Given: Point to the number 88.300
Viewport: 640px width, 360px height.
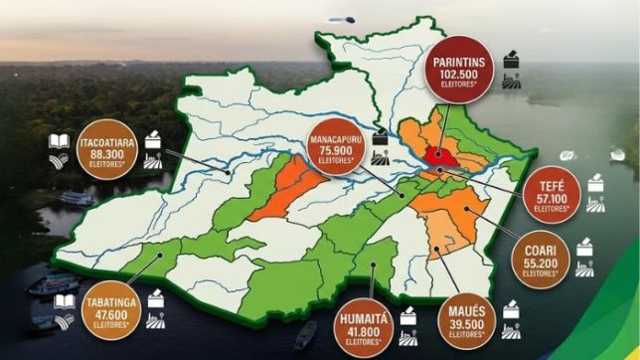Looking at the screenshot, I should (99, 155).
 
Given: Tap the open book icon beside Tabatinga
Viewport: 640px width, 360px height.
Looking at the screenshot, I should (65, 299).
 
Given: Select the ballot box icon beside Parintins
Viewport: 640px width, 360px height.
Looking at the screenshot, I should (512, 59).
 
